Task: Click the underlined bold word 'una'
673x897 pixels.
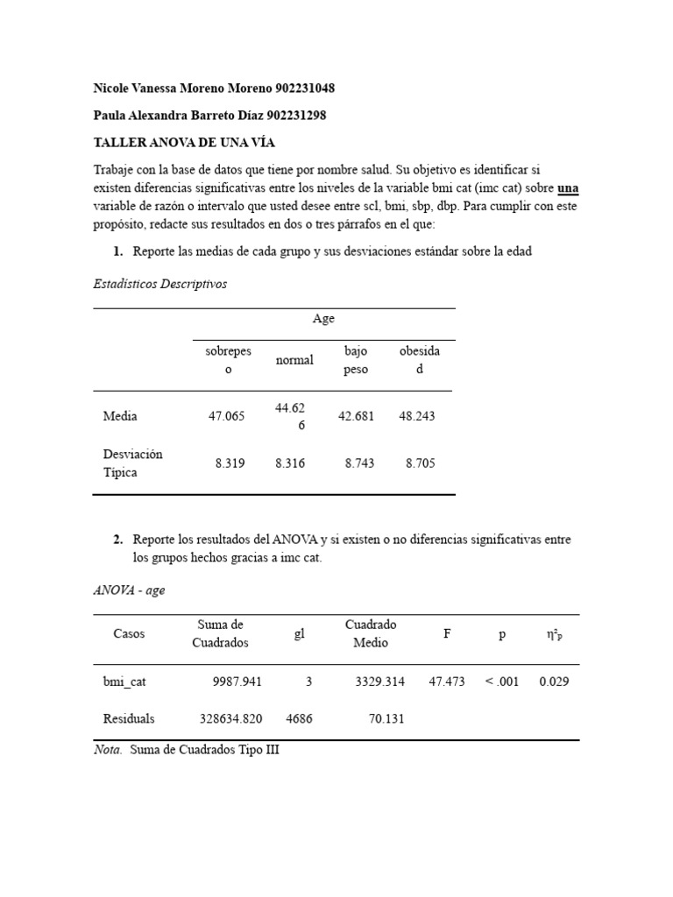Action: [568, 188]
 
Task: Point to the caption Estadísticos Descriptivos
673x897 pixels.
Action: [159, 284]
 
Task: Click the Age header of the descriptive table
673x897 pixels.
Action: [323, 319]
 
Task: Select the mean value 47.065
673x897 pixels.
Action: [227, 416]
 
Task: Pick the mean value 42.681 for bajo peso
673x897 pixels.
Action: [356, 416]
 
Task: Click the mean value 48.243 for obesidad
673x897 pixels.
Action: [416, 416]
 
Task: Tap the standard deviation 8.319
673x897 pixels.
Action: [230, 463]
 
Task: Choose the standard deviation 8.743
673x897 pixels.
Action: [359, 463]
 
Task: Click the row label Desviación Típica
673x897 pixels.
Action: [132, 463]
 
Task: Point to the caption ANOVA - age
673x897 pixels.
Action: [129, 590]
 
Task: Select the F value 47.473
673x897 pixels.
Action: [446, 682]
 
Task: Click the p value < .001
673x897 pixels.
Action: [501, 682]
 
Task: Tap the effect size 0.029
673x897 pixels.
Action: [554, 682]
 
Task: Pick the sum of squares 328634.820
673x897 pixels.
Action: [230, 719]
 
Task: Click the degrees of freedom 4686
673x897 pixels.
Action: [299, 719]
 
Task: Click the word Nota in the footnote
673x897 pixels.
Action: [108, 751]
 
